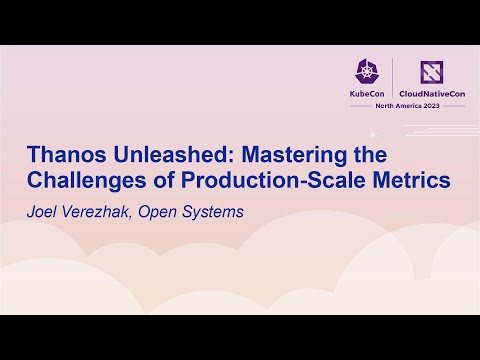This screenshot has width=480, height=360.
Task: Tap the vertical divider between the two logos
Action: pos(392,80)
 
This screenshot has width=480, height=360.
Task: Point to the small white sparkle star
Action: pos(372,133)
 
